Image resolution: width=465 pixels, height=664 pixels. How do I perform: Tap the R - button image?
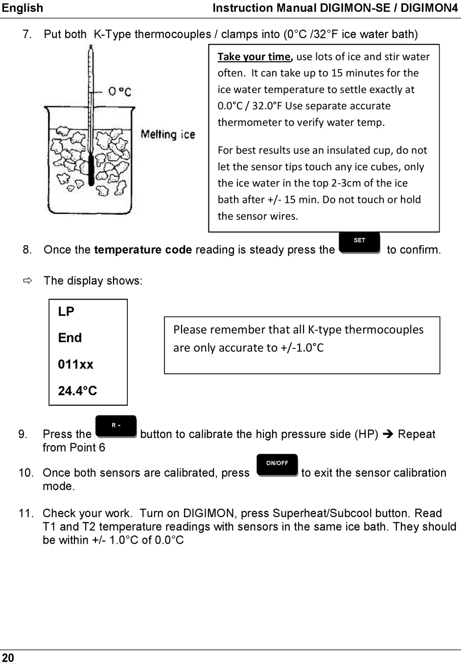tap(116, 426)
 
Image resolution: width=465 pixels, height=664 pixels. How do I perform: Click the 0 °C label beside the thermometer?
tap(119, 92)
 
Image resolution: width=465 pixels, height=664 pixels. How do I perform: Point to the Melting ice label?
tap(167, 135)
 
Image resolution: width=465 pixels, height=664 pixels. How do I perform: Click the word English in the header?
tap(23, 8)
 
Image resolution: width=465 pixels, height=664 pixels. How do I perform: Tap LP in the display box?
tap(66, 312)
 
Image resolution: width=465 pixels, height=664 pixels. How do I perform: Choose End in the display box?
tap(70, 338)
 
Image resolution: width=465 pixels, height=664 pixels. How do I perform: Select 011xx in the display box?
tap(75, 365)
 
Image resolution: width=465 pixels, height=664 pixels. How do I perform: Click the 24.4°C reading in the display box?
tap(77, 391)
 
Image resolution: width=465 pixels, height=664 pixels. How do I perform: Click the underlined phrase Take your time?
tap(255, 57)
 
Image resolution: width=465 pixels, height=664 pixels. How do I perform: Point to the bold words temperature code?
tap(143, 250)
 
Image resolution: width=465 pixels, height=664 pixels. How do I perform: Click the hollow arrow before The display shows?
tap(28, 281)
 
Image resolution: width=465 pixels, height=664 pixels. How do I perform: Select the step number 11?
tap(26, 513)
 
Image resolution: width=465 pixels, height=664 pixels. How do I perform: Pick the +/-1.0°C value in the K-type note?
tap(302, 348)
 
